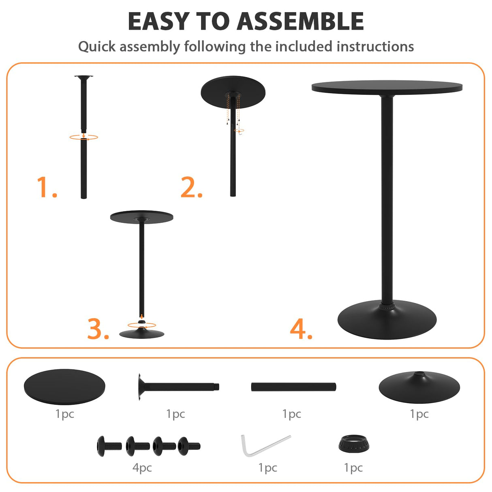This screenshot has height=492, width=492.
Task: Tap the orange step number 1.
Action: pyautogui.click(x=46, y=187)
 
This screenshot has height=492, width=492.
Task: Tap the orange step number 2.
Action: pyautogui.click(x=191, y=187)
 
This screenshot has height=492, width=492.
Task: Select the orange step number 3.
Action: pyautogui.click(x=98, y=329)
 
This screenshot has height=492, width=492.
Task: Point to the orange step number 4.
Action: pyautogui.click(x=301, y=329)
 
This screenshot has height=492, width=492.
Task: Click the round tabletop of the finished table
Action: pyautogui.click(x=387, y=86)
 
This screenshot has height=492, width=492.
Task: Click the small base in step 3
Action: pyautogui.click(x=142, y=334)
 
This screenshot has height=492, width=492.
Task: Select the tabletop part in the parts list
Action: pyautogui.click(x=64, y=386)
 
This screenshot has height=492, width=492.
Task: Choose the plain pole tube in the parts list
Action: pyautogui.click(x=293, y=387)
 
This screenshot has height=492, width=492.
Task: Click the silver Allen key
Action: pyautogui.click(x=263, y=446)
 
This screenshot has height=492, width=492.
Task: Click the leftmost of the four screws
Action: pyautogui.click(x=108, y=445)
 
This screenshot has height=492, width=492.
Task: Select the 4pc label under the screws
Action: pyautogui.click(x=142, y=468)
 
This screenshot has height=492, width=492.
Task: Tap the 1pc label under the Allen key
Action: pyautogui.click(x=267, y=468)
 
